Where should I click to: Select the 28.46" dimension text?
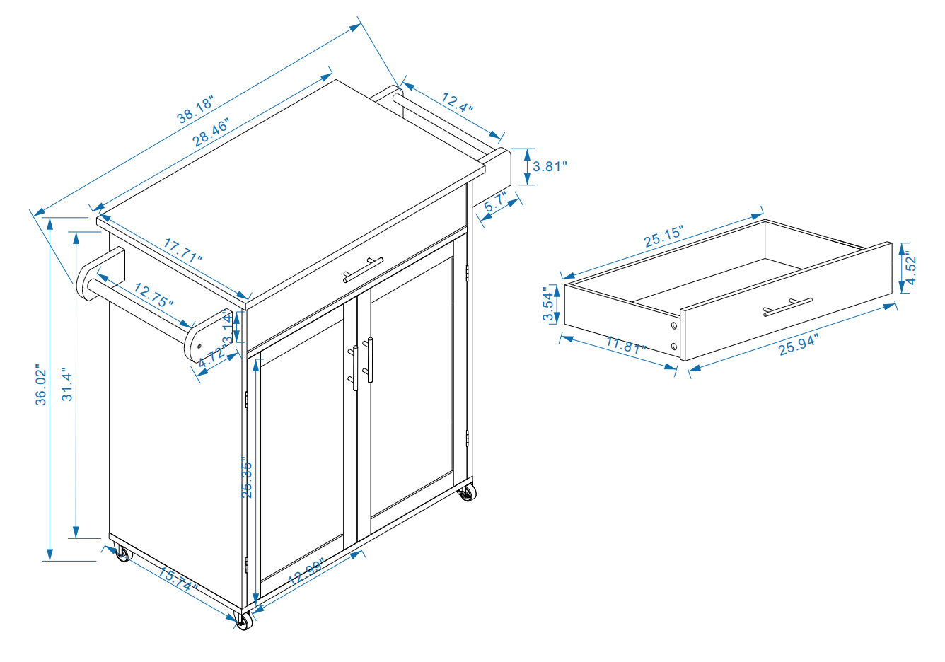[x=211, y=132]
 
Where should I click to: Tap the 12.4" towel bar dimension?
[x=457, y=104]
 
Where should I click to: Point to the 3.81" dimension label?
[x=550, y=167]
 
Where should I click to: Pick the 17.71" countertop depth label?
[x=183, y=250]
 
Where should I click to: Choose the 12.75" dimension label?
[x=153, y=295]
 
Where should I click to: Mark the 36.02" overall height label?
[x=42, y=385]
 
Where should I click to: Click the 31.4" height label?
[x=67, y=384]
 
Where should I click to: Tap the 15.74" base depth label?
[x=178, y=581]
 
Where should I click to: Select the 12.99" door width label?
[x=306, y=571]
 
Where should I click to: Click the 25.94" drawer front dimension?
[x=798, y=344]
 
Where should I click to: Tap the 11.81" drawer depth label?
[x=627, y=347]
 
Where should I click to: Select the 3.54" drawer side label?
[x=548, y=304]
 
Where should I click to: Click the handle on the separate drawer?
[x=787, y=307]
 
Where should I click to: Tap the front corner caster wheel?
[x=243, y=622]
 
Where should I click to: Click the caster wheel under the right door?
[x=466, y=493]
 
